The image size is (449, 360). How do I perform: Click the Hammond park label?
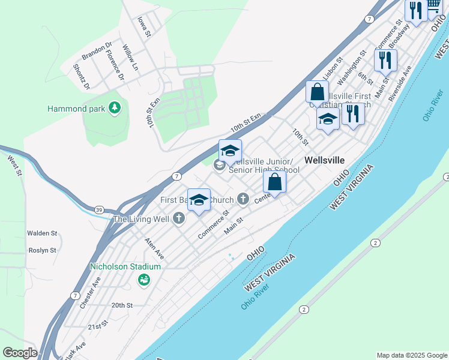tap(76, 109)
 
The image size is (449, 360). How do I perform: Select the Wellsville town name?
tap(324, 160)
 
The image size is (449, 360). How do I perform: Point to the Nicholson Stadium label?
tap(125, 266)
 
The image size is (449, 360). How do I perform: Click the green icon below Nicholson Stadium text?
tap(143, 280)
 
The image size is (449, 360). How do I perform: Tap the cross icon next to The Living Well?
tap(178, 218)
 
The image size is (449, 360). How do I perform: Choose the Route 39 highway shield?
tap(99, 209)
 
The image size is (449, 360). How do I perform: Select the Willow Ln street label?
tap(130, 57)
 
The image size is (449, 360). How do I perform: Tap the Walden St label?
tap(42, 233)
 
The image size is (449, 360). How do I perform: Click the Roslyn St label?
tap(41, 250)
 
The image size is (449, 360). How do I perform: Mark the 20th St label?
tap(122, 305)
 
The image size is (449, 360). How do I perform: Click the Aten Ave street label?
tap(154, 248)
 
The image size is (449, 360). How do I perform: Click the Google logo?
tap(20, 353)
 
